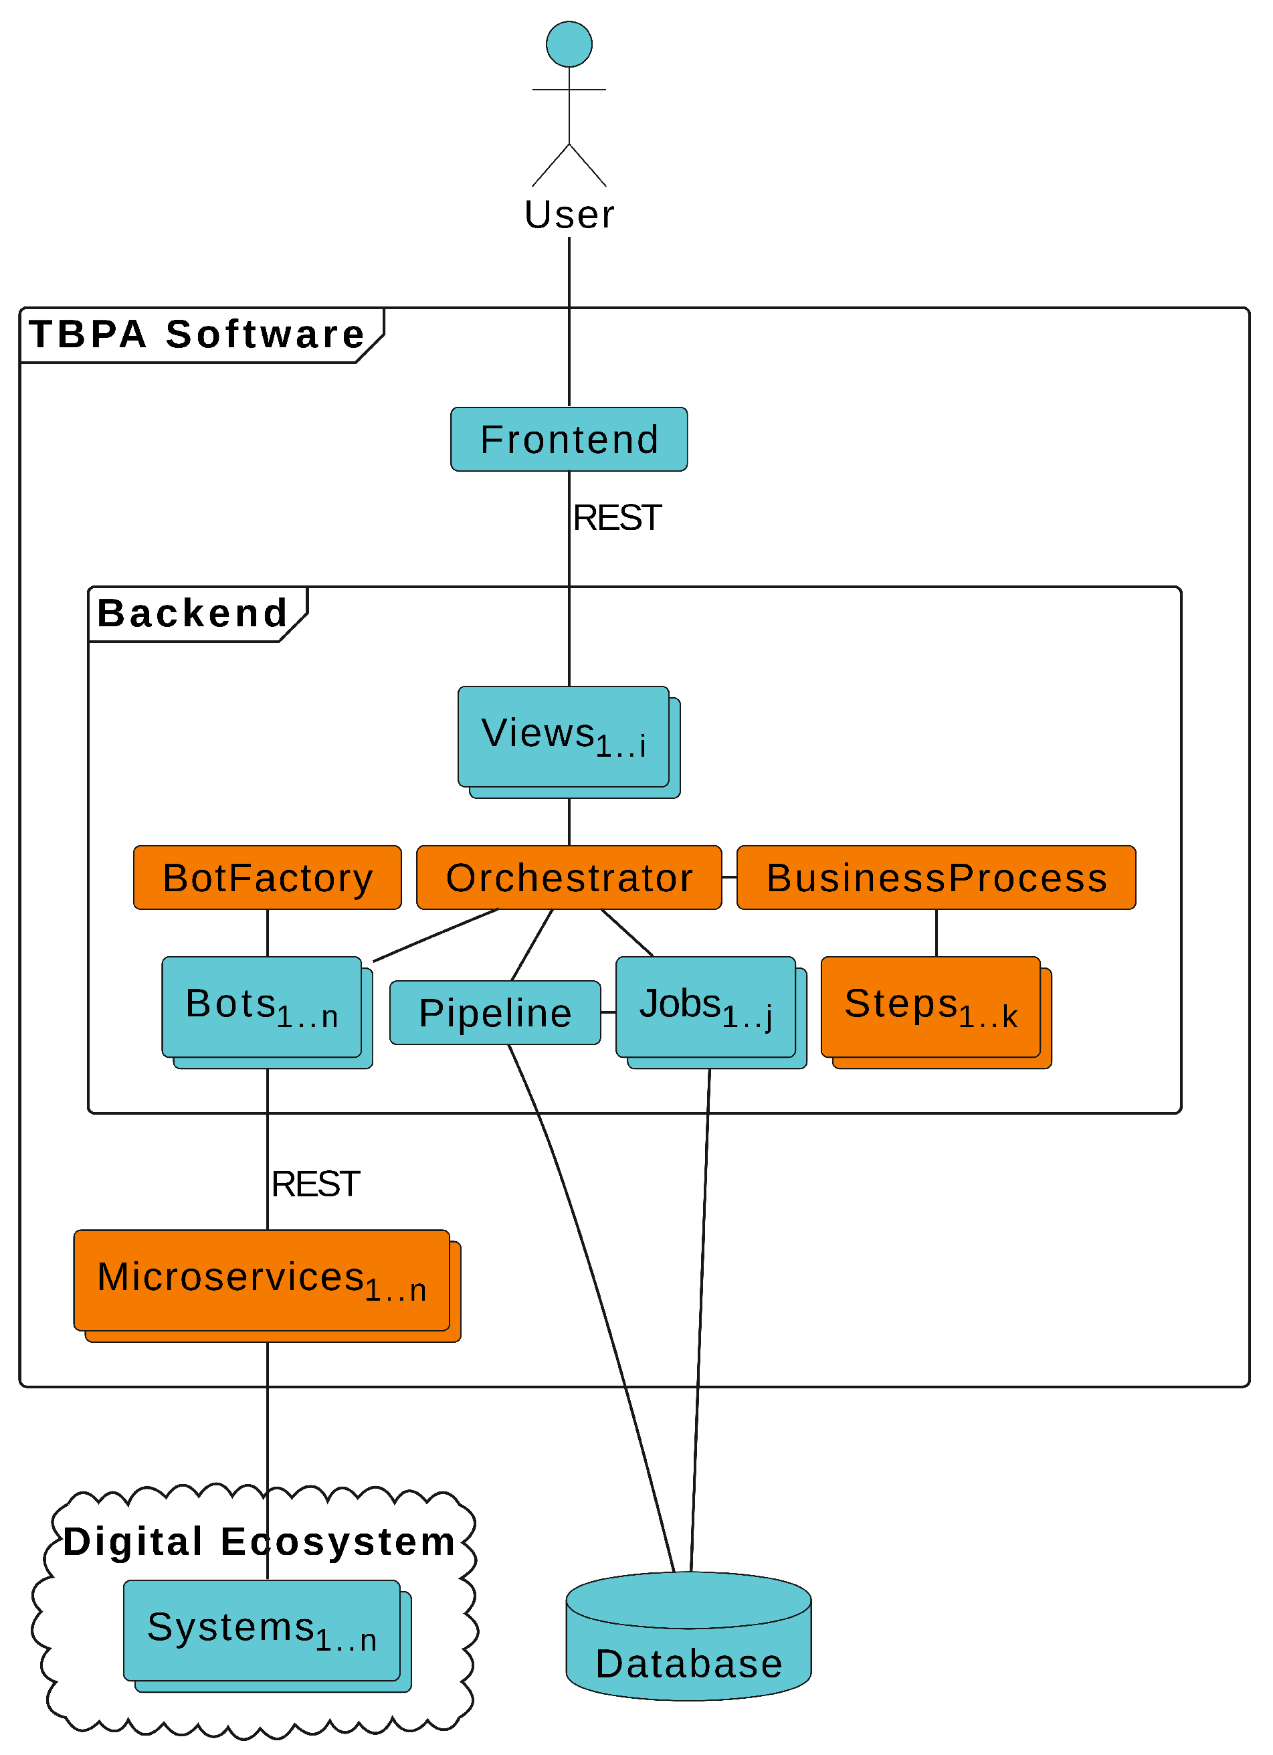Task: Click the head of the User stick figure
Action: [569, 44]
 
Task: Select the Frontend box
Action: [569, 439]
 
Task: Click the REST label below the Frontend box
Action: [617, 518]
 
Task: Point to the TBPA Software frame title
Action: [197, 335]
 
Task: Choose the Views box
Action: [569, 742]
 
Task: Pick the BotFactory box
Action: [267, 878]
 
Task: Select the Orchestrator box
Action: [569, 878]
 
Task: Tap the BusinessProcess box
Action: [937, 878]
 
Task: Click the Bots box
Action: [267, 1013]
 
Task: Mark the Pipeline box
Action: [495, 1013]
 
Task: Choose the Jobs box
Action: [711, 1013]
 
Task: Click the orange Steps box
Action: [937, 1013]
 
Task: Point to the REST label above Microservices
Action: [315, 1184]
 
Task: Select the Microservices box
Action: [267, 1286]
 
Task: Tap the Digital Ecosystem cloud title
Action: [260, 1542]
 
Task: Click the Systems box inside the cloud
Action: [267, 1637]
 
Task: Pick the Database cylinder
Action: [689, 1637]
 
